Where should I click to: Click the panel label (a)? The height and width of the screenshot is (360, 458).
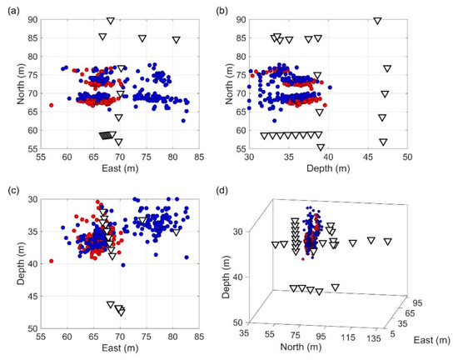tap(11, 11)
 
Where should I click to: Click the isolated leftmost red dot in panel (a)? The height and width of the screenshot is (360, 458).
tap(52, 106)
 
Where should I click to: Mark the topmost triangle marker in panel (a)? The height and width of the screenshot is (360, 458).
tap(111, 21)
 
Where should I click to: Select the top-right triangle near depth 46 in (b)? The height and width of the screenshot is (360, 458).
tap(377, 21)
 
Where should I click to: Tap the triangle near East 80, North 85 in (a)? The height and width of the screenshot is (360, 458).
tap(176, 39)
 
